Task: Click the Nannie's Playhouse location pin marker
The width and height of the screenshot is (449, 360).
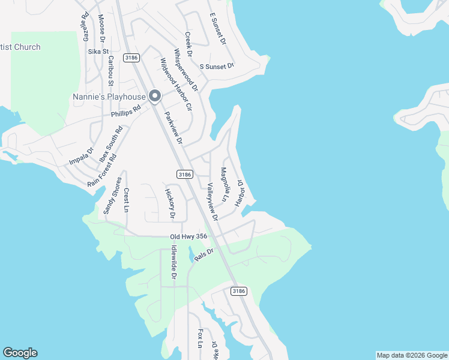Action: [x=154, y=96]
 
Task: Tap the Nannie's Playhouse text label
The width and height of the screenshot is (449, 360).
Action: [x=109, y=97]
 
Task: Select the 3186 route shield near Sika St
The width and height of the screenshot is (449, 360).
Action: [x=131, y=58]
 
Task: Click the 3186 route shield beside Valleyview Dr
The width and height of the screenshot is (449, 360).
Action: [x=185, y=174]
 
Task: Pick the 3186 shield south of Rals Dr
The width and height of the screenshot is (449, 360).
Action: [x=238, y=290]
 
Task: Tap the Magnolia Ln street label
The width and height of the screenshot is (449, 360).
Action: [x=225, y=184]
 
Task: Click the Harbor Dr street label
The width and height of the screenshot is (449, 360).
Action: [x=240, y=193]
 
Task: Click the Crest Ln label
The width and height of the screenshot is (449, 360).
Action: [x=127, y=200]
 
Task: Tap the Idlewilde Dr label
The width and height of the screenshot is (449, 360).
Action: [x=173, y=262]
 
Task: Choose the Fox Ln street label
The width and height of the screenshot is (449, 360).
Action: [x=200, y=339]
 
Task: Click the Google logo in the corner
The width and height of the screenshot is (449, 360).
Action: [x=20, y=353]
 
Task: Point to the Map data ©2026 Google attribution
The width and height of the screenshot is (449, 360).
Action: [x=412, y=355]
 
